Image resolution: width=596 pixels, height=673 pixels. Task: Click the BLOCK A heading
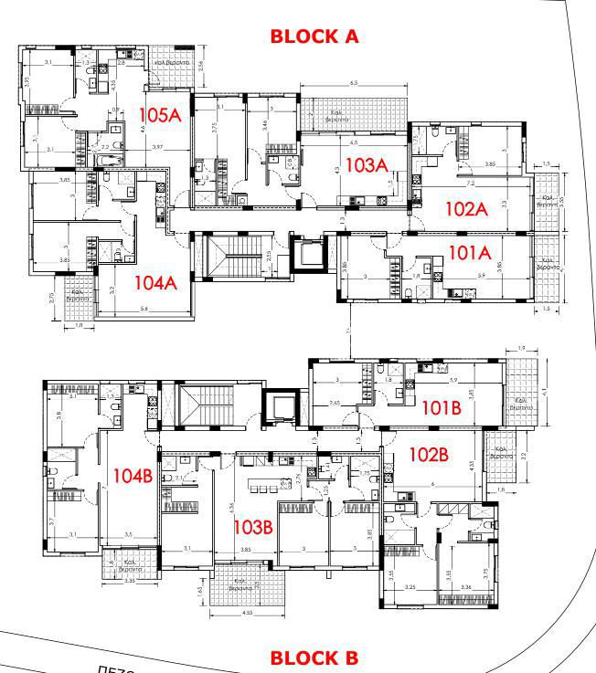tap(314, 37)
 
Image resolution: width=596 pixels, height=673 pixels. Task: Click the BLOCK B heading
tap(314, 657)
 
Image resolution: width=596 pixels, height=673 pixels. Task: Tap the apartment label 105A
tap(161, 116)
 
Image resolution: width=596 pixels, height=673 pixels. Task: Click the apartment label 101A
tap(471, 249)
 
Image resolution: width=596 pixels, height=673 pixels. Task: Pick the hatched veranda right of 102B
tap(501, 457)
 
